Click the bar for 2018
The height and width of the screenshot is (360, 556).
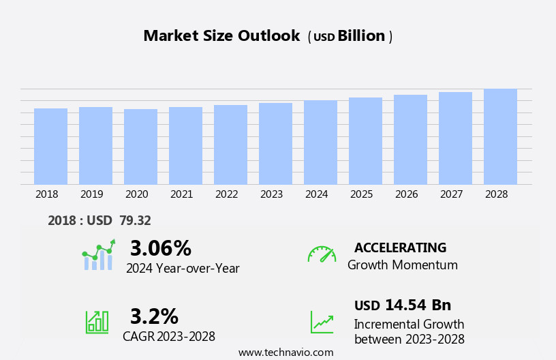pos(50,146)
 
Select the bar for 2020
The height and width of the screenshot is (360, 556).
pos(140,147)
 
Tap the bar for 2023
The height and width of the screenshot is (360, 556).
pos(275,143)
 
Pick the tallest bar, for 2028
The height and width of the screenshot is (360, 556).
pos(500,136)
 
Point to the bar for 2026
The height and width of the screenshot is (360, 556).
pos(410,139)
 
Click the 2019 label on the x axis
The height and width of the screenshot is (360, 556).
pos(92,194)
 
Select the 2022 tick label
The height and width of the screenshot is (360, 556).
pos(227,194)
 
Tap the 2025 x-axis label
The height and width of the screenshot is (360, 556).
pos(362,194)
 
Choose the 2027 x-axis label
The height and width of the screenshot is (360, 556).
pos(452,194)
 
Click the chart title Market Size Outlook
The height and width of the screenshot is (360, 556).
pos(221,36)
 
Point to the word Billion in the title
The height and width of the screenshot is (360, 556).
pos(361,36)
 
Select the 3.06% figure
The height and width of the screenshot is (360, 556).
pos(161,248)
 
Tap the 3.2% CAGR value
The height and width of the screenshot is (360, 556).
pos(154,316)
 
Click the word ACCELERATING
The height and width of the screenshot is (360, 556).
pos(400,248)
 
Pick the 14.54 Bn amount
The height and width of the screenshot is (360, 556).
pos(418,305)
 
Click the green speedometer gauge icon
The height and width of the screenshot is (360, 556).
pos(322,254)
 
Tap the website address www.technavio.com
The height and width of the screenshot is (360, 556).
pos(285,352)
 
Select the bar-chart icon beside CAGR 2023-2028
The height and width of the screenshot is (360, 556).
pos(97,321)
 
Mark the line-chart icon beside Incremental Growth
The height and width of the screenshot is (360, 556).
pos(322,322)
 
